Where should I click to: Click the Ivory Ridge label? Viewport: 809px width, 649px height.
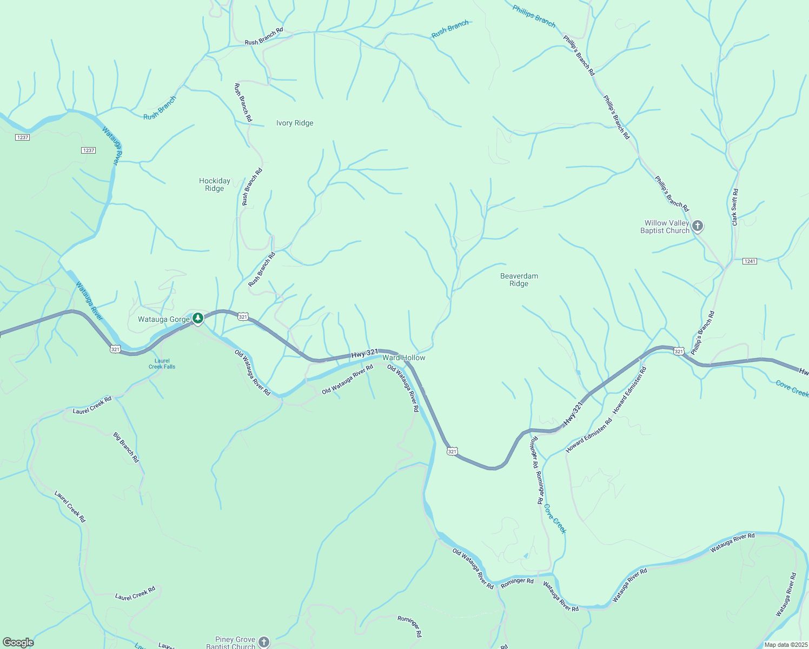coord(295,123)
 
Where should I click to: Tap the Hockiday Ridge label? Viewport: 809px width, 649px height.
coord(215,185)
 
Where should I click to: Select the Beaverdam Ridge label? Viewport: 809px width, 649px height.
coord(519,280)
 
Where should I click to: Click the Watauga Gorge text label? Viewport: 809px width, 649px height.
coord(164,320)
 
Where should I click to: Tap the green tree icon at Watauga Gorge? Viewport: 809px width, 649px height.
coord(198,318)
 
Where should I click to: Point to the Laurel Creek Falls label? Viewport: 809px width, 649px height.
coord(162,364)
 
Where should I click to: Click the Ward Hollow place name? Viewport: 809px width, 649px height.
coord(404,358)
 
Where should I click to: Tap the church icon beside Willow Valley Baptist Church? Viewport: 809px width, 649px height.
coord(698,226)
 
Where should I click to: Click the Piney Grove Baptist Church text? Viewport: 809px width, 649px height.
coord(231,643)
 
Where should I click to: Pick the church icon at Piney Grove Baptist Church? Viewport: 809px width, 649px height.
coord(263,642)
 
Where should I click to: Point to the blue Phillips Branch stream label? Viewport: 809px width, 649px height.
coord(534,16)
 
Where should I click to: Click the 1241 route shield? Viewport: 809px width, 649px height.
coord(750,261)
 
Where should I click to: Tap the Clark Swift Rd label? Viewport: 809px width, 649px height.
coord(734,207)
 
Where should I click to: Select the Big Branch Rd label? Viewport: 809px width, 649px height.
coord(126,447)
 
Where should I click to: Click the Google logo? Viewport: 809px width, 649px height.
coord(18,643)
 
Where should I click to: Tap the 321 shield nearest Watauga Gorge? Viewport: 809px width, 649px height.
coord(243,317)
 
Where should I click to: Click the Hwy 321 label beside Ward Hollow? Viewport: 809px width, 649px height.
coord(364,354)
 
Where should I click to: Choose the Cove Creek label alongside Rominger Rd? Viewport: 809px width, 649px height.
coord(555,519)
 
